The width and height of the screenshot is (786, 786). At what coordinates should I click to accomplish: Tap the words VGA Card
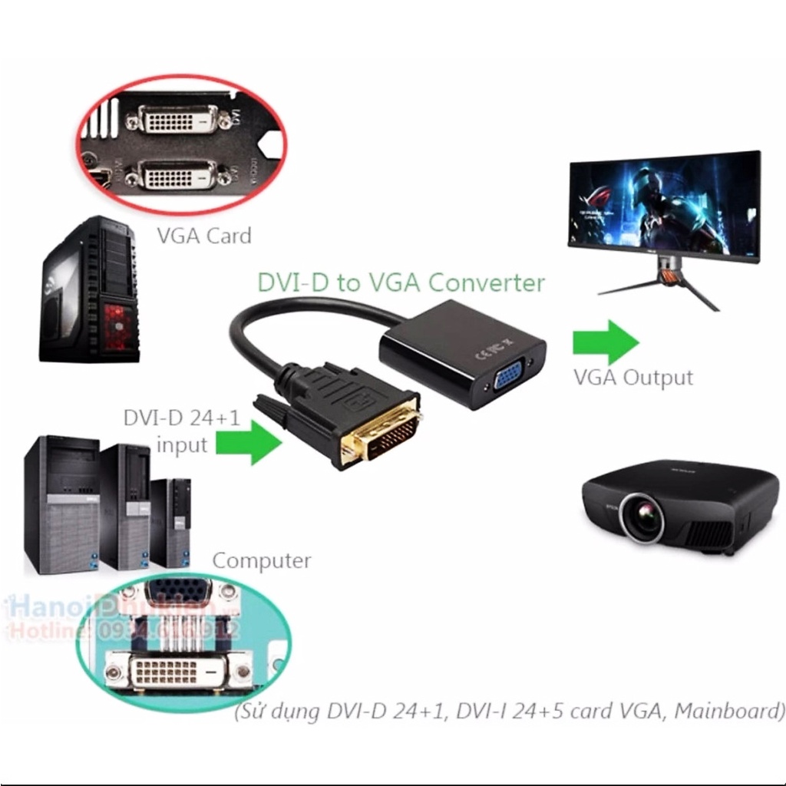coord(204,236)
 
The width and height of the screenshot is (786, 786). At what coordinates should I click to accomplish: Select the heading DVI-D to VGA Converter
coord(401,282)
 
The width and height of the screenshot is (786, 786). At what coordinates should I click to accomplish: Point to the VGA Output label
coord(633,378)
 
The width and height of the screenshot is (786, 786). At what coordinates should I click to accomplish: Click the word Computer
coord(262,560)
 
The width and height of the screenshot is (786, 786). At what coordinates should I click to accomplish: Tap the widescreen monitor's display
coord(664,204)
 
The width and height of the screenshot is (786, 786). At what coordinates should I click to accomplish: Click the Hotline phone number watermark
coord(123,631)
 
